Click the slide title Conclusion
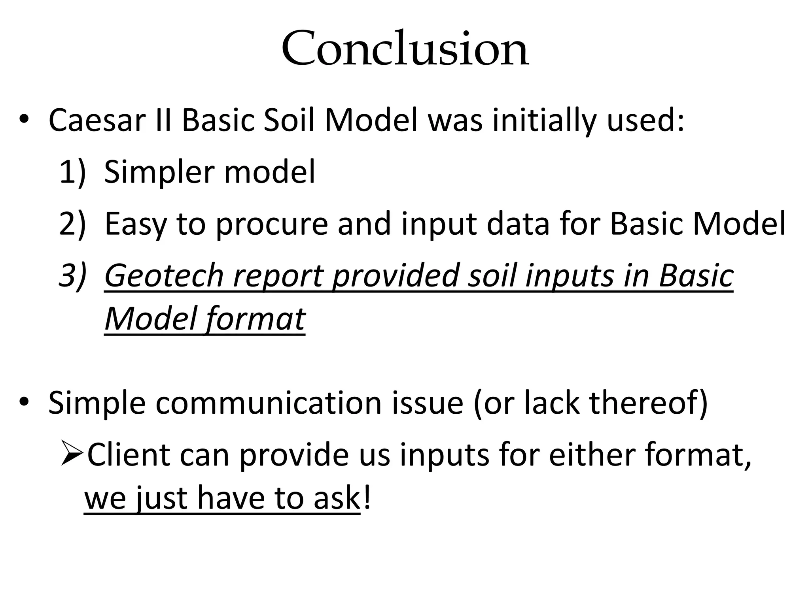405,49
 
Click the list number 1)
72,172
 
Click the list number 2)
72,224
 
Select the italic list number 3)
72,275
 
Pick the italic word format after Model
256,319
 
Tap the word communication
269,403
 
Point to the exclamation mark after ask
367,498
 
